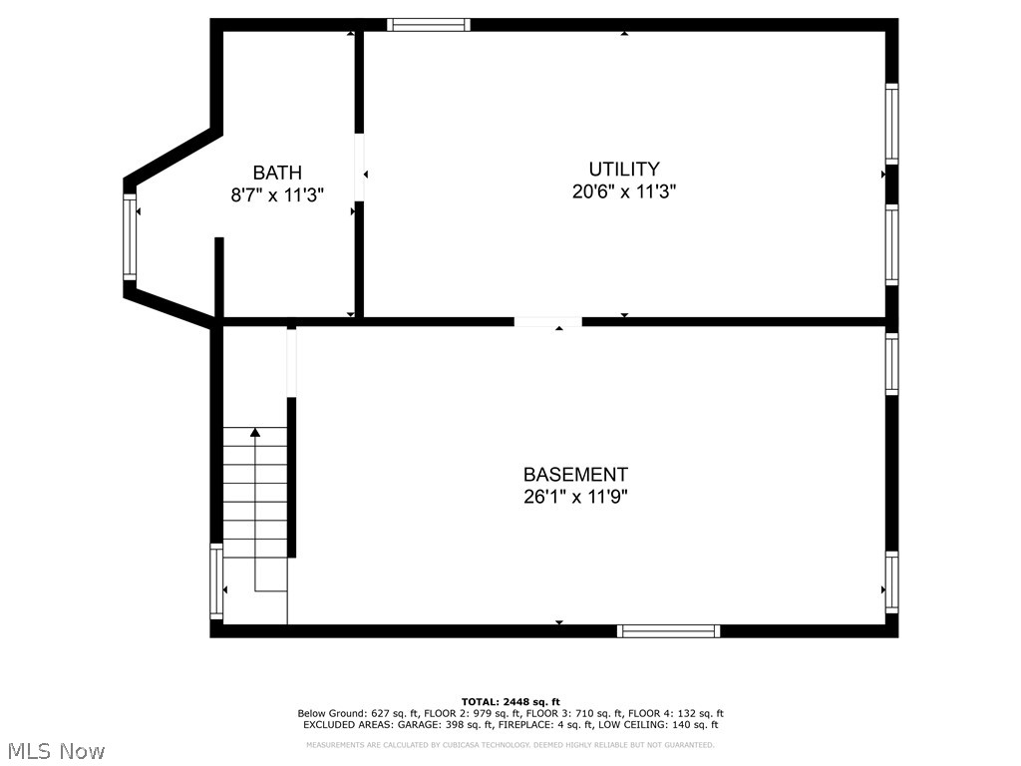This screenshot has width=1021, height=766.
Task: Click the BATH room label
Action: pyautogui.click(x=276, y=173)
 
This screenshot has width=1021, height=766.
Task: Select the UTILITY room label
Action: pyautogui.click(x=623, y=170)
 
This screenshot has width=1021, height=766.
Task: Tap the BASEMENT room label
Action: pyautogui.click(x=575, y=475)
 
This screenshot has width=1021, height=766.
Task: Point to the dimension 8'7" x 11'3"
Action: pyautogui.click(x=276, y=195)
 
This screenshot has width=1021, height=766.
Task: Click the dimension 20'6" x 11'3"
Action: pyautogui.click(x=623, y=192)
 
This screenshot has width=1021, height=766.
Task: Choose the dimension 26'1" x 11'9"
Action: pyautogui.click(x=575, y=497)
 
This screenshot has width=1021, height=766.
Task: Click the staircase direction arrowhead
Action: pyautogui.click(x=255, y=432)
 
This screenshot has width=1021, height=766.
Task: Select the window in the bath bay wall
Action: pyautogui.click(x=129, y=237)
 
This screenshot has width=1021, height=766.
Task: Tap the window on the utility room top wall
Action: pyautogui.click(x=428, y=24)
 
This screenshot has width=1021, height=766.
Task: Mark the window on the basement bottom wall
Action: pyautogui.click(x=668, y=630)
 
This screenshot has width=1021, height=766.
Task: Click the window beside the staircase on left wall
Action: pyautogui.click(x=215, y=581)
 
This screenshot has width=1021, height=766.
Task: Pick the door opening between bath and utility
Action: pyautogui.click(x=359, y=168)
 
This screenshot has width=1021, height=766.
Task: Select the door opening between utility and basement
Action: pyautogui.click(x=547, y=321)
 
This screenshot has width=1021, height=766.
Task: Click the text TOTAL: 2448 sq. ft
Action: pyautogui.click(x=510, y=701)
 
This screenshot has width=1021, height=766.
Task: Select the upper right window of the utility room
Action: pyautogui.click(x=891, y=123)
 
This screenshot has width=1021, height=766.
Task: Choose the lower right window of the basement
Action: pyautogui.click(x=891, y=582)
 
